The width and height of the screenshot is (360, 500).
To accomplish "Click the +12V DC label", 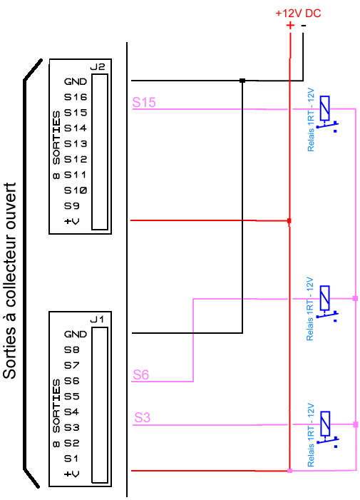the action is point(298,14).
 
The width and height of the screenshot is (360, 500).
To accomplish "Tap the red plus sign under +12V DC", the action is point(290,25).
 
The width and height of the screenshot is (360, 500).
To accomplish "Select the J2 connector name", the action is point(98,66).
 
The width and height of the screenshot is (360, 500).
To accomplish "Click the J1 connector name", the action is point(97,320).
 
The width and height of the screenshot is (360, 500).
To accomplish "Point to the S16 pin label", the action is point(76,97).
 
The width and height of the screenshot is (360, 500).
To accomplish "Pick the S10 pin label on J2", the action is point(76,190).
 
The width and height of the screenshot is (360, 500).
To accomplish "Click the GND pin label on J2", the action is point(76,81).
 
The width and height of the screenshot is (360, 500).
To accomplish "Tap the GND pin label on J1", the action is point(76,335).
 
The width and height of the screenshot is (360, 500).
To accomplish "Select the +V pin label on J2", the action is point(72,221).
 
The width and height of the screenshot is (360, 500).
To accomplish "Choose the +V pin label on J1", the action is point(72,474).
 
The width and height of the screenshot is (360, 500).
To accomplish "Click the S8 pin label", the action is point(72,350).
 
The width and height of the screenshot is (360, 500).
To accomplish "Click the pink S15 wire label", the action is point(144,103).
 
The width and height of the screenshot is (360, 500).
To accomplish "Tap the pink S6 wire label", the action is point(141,374).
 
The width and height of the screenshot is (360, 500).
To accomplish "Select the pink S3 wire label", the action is point(142,417).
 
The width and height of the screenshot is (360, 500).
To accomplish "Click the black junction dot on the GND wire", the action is point(242,81).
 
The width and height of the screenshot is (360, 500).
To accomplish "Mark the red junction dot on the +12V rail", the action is point(289,220).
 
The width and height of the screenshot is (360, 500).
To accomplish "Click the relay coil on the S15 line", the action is point(324,108).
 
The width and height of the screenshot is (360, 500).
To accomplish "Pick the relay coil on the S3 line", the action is point(325,424).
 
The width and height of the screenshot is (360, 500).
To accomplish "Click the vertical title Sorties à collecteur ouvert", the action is point(9,280).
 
